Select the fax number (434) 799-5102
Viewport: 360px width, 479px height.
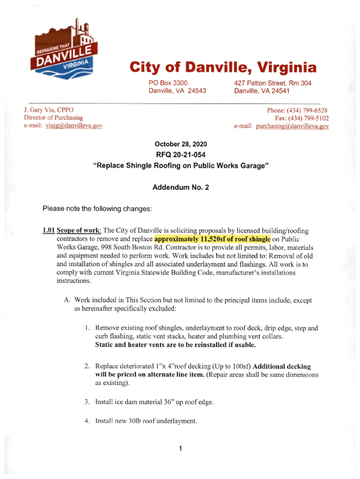coord(310,118)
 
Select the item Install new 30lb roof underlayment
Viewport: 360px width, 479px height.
coord(146,420)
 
